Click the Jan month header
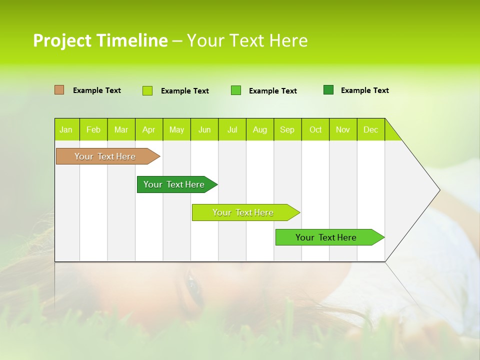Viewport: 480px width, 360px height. point(66,129)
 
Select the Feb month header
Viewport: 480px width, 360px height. point(93,129)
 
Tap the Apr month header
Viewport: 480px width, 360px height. point(148,129)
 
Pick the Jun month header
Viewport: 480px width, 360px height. point(204,129)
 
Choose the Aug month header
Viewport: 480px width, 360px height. point(260,129)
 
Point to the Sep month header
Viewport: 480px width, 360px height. point(287,129)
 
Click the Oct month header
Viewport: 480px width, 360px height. point(315,129)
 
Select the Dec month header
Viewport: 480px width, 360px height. point(371,129)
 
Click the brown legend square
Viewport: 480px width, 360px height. point(59,90)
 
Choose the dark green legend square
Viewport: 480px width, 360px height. point(328,90)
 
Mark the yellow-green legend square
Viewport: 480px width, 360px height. point(147,90)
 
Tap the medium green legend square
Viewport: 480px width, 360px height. point(236,90)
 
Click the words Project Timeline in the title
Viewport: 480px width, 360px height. point(100,40)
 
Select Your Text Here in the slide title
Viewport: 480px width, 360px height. point(247,40)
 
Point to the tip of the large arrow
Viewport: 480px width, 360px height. point(438,190)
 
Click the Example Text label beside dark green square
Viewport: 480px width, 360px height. point(364,90)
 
